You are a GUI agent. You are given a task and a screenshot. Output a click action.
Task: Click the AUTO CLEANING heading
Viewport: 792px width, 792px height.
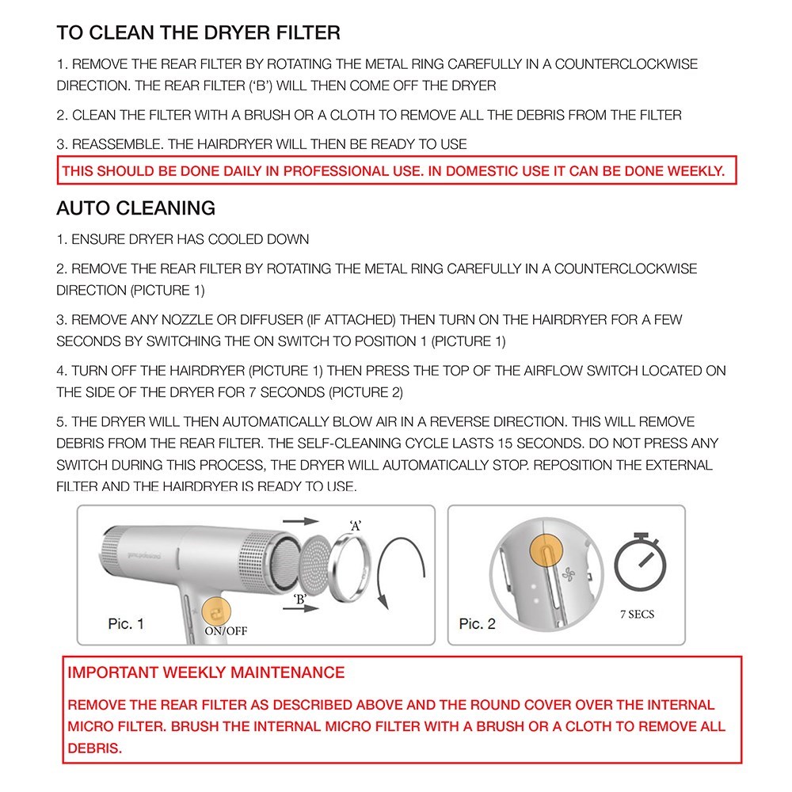click(x=135, y=208)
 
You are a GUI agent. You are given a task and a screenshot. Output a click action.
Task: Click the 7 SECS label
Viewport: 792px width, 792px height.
click(x=638, y=615)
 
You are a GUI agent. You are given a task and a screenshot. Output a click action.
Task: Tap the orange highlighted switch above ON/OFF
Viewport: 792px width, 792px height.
click(x=215, y=611)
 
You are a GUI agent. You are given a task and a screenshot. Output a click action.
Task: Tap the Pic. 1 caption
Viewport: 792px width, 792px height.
click(x=126, y=624)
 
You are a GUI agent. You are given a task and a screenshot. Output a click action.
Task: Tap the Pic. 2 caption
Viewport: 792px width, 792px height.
click(x=477, y=624)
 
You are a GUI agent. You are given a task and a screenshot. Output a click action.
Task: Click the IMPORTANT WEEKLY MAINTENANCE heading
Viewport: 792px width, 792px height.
click(x=207, y=673)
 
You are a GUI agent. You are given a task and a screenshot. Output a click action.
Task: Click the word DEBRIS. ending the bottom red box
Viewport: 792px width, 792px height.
click(x=95, y=748)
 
